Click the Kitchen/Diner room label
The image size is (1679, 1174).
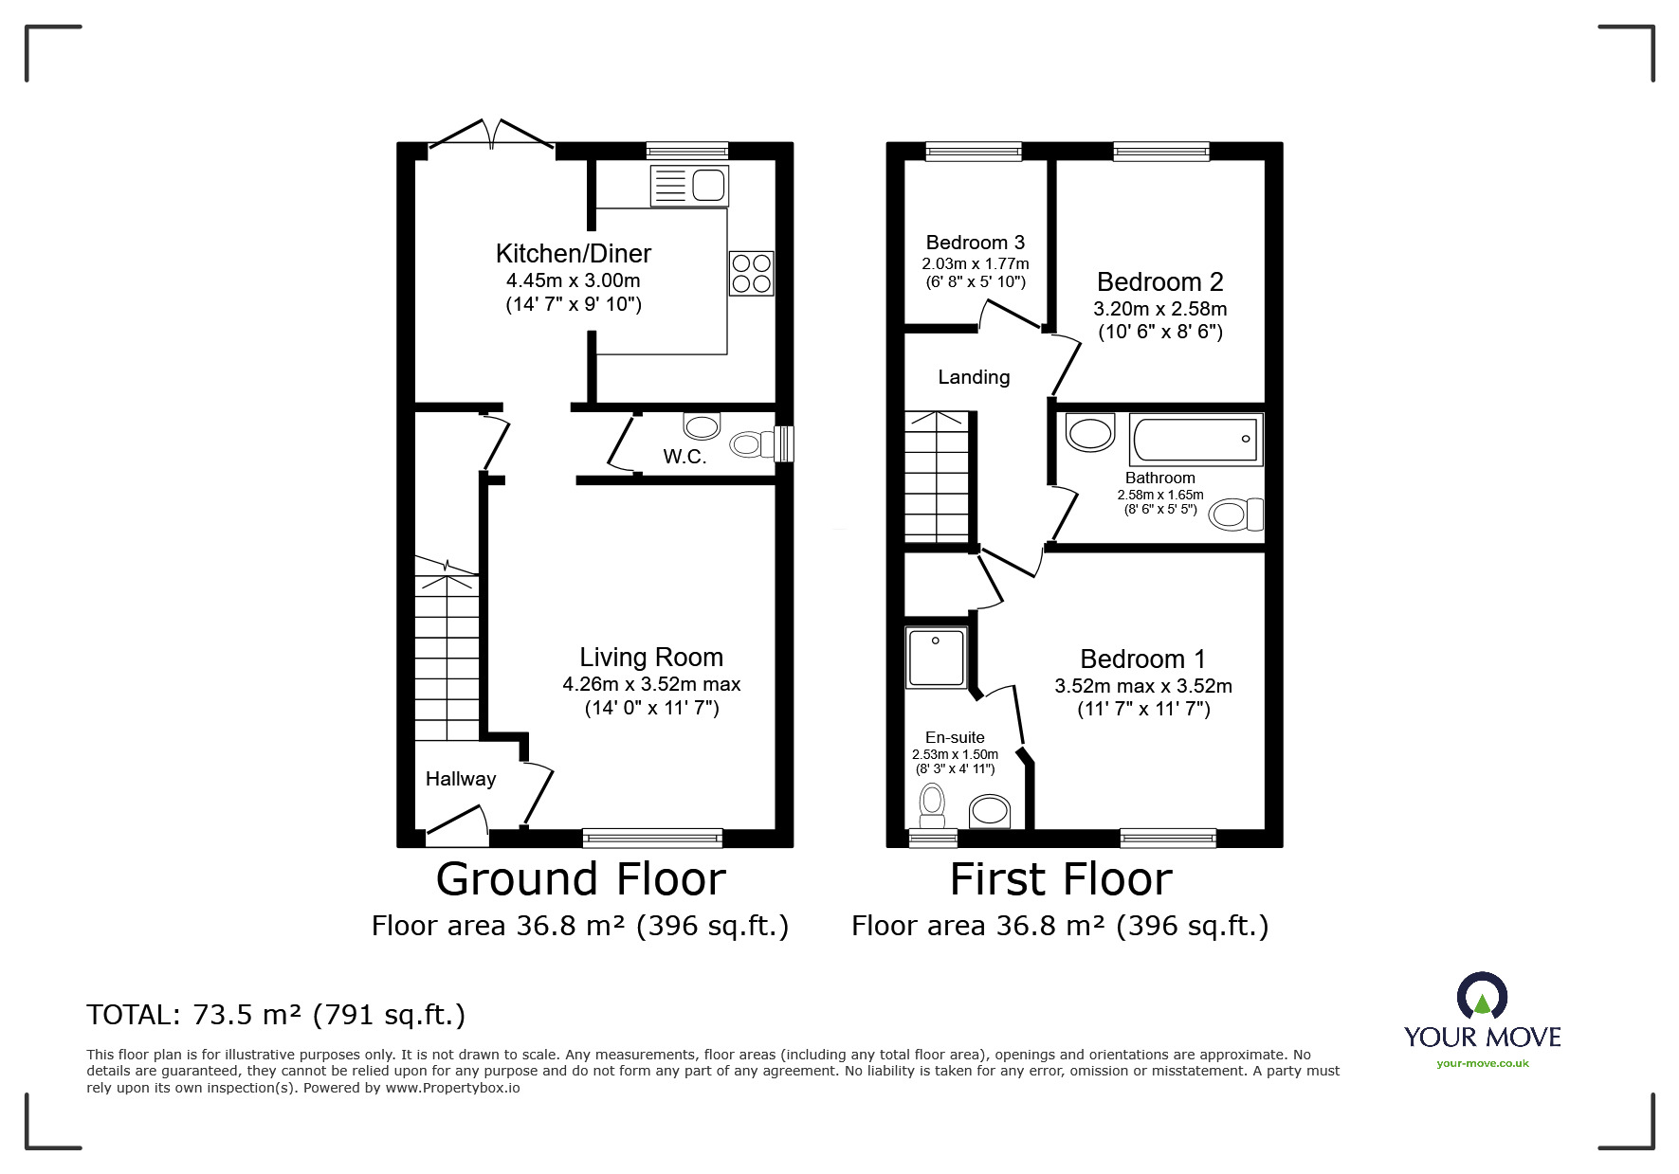[574, 253]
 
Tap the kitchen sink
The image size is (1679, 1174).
[689, 186]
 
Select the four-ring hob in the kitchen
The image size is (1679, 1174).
[751, 273]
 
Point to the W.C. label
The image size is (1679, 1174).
[684, 457]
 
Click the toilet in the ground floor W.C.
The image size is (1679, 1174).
[752, 443]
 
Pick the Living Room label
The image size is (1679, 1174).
[651, 658]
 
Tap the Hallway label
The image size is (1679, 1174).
[461, 779]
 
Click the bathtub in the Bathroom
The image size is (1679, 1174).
[1196, 441]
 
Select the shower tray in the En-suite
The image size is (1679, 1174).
[937, 657]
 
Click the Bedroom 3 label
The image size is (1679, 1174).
[976, 243]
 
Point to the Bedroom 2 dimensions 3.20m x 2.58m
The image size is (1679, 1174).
[1160, 309]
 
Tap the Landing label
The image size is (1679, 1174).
[974, 377]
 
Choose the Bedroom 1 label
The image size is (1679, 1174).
[1143, 659]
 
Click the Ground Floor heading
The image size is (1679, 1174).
[580, 879]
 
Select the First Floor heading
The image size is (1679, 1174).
[1061, 879]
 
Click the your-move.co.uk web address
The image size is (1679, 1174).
[1483, 1063]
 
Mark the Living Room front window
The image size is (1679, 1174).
[652, 838]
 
